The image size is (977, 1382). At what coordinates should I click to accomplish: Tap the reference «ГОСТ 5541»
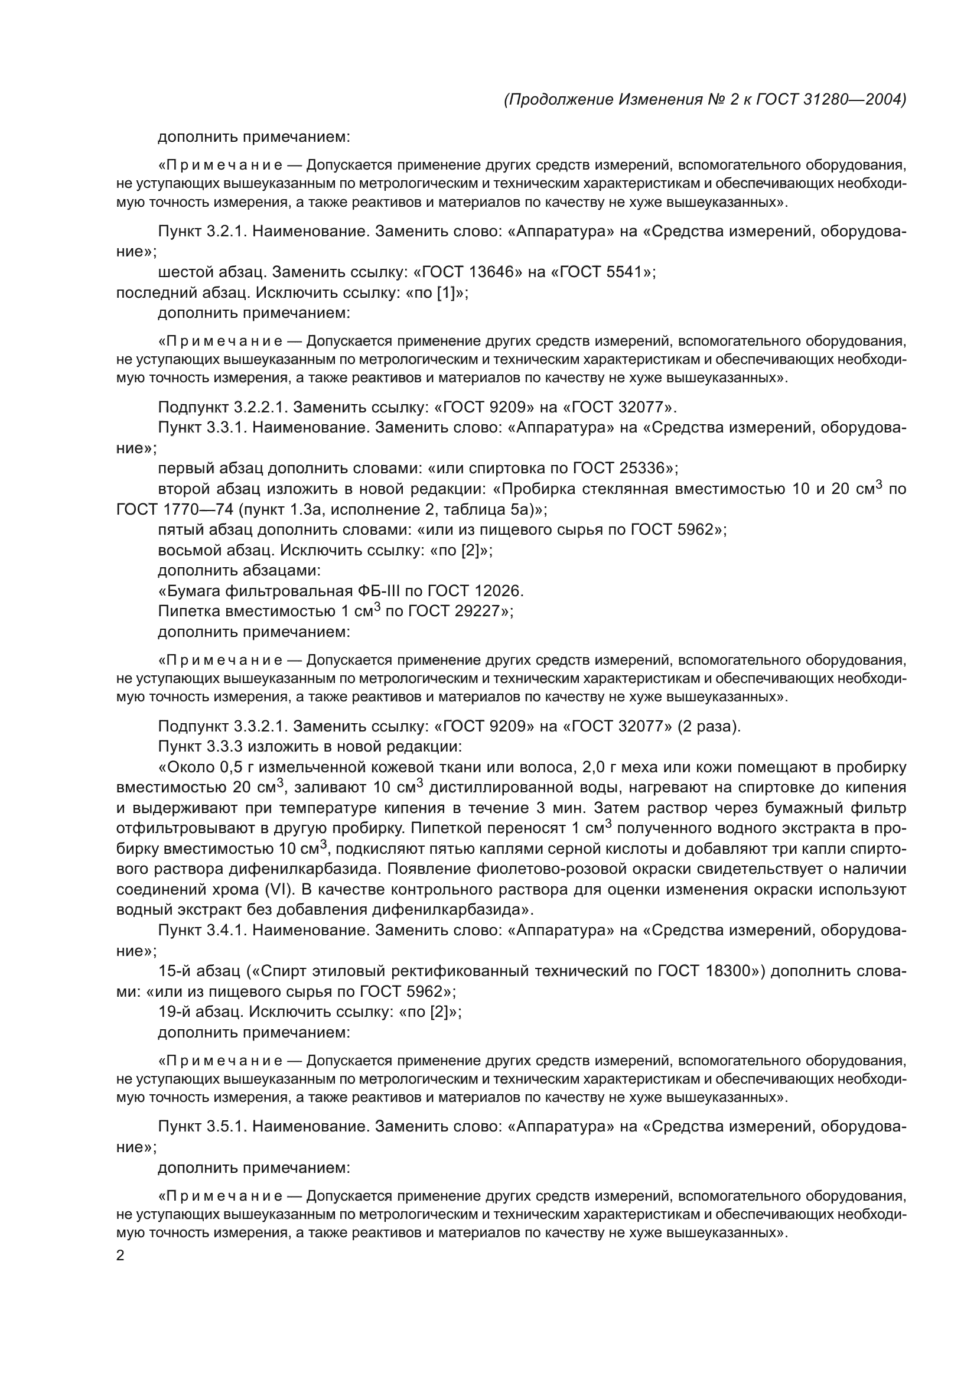click(605, 272)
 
